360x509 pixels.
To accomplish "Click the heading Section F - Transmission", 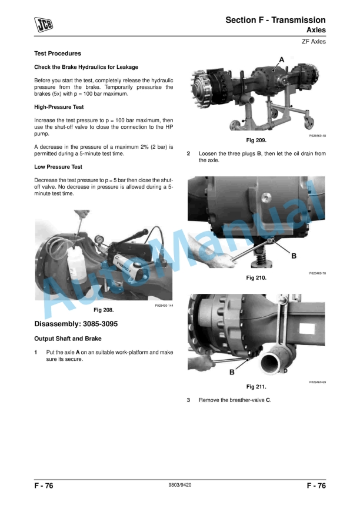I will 275,20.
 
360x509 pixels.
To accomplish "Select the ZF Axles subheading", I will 313,41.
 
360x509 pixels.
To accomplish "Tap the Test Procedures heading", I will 58,53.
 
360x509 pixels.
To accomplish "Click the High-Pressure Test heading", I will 59,107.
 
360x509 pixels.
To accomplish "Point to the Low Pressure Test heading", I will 58,167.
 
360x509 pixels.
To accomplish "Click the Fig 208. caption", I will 104,309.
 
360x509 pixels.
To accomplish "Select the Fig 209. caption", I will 256,140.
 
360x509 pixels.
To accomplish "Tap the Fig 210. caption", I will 256,277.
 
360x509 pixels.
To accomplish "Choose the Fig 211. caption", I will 256,387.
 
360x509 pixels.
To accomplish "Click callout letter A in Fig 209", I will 281,59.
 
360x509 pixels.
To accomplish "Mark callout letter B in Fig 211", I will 232,372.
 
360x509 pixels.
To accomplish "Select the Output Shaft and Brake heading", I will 69,339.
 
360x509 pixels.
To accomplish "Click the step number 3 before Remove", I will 188,400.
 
